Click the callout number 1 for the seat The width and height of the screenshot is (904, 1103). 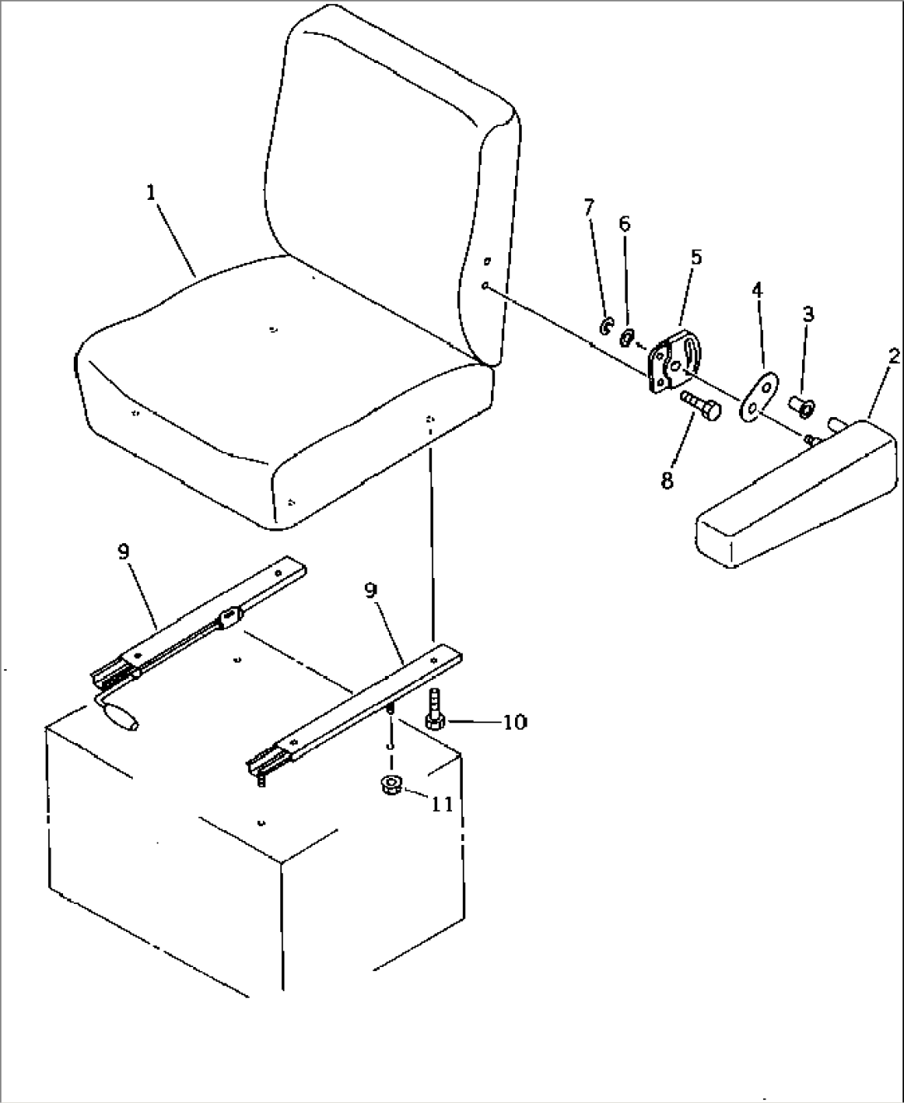pos(151,193)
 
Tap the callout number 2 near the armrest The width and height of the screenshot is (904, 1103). pos(893,357)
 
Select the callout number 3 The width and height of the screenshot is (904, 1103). pos(809,314)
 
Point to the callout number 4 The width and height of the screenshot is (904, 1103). pos(757,290)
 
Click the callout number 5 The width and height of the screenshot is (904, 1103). pos(696,257)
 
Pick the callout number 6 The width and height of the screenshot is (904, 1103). pos(625,224)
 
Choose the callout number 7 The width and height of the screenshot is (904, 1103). pos(589,207)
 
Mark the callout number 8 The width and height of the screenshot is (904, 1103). pos(667,481)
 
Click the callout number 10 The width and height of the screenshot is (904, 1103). pos(515,722)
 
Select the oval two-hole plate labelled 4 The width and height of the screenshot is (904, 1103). pos(758,396)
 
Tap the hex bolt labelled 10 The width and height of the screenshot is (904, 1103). pos(435,710)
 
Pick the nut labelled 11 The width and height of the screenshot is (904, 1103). pos(391,799)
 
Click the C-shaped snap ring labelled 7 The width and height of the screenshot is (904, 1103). pos(605,327)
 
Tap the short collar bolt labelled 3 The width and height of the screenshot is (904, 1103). pos(800,407)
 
